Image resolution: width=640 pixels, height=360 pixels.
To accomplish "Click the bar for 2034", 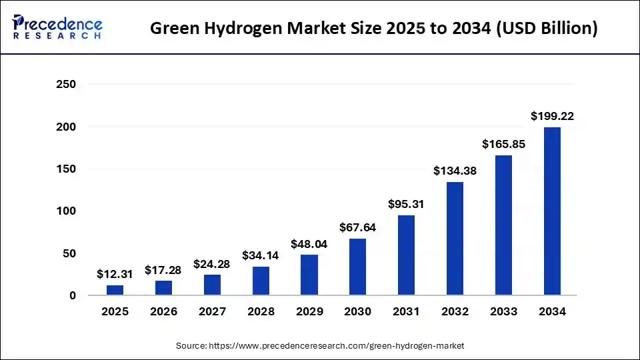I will [x=552, y=211].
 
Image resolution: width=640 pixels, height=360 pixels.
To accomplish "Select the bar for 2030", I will [x=358, y=267].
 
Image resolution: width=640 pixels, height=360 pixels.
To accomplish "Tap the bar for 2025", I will [x=115, y=290].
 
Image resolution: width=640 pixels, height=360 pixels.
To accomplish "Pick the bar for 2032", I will [x=455, y=238].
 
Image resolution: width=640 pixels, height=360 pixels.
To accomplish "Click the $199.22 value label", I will [x=552, y=116].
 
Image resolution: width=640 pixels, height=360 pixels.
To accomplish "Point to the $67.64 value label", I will [x=358, y=227].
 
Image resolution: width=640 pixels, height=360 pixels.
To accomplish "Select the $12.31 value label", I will [x=115, y=274].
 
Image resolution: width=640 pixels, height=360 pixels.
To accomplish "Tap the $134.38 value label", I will [x=455, y=171].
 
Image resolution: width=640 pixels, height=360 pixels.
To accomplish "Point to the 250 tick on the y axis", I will [x=67, y=85].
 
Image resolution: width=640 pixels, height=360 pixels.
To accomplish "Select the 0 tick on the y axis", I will [x=73, y=295].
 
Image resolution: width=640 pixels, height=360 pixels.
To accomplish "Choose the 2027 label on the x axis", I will [x=212, y=312].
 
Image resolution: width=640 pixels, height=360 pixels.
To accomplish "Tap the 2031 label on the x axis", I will [x=406, y=312].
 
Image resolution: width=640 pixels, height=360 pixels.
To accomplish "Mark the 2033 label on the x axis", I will [x=503, y=312].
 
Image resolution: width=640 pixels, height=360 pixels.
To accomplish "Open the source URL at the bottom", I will [x=337, y=346].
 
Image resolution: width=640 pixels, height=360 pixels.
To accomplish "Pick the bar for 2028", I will [x=261, y=281].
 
